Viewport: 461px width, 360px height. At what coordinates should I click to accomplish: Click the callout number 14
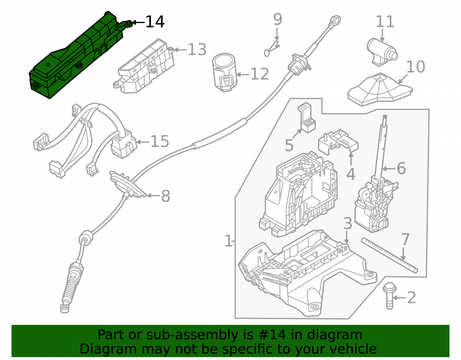click(x=155, y=22)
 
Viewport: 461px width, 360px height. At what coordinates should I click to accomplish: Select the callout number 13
click(x=197, y=49)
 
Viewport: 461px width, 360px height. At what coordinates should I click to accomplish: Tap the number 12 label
click(x=260, y=74)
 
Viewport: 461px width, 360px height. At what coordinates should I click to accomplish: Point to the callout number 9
click(x=278, y=19)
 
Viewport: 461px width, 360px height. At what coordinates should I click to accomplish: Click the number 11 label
click(x=385, y=22)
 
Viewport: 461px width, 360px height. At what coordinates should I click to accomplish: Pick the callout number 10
click(x=415, y=67)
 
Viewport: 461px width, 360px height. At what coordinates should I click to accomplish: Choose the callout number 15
click(x=160, y=142)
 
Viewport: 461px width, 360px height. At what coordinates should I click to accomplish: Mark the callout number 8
click(x=165, y=196)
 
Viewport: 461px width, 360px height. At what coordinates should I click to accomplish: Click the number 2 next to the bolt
click(x=412, y=298)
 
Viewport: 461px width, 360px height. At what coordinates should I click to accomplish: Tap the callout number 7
click(x=405, y=239)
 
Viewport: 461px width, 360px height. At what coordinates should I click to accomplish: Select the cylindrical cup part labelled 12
click(x=225, y=72)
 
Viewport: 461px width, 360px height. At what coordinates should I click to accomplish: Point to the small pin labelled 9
click(x=272, y=49)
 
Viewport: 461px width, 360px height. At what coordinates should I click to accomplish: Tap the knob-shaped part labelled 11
click(x=382, y=52)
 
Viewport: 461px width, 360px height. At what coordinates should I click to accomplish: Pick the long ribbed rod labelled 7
click(x=390, y=255)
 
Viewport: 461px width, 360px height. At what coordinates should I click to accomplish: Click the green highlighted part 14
click(x=77, y=56)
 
